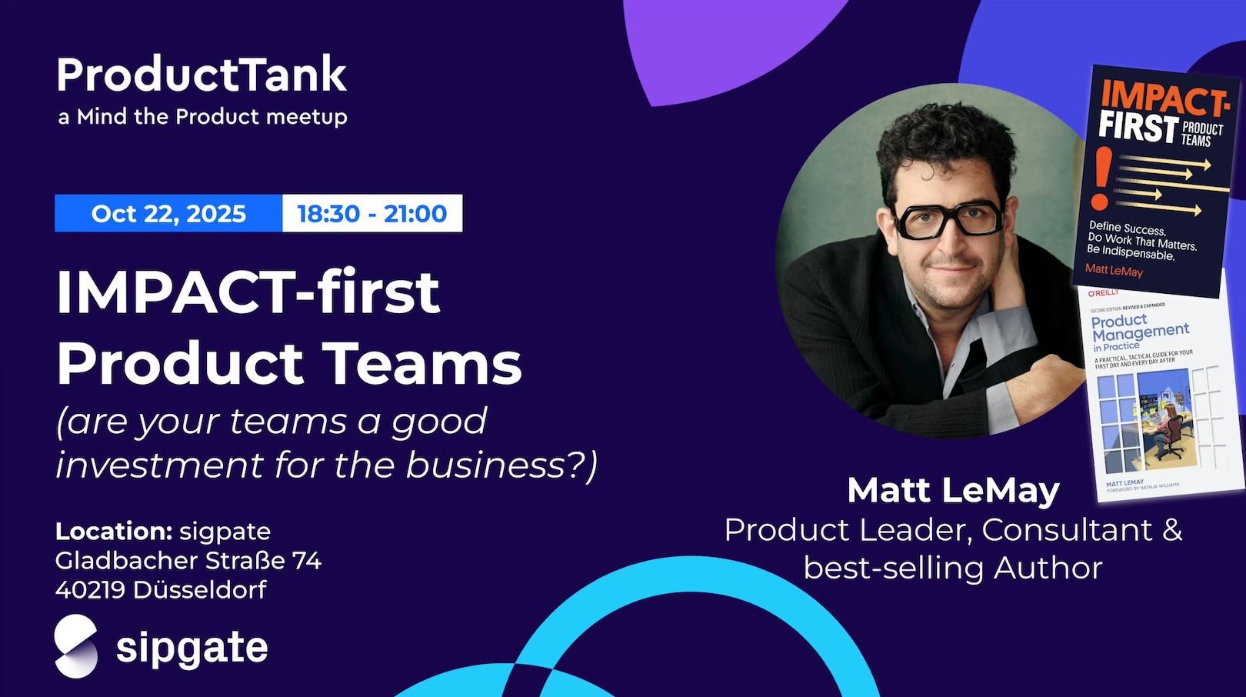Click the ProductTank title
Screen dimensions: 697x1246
202,75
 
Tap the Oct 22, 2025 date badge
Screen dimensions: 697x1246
168,213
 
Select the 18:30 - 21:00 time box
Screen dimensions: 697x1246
372,213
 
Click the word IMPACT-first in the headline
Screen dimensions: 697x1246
248,292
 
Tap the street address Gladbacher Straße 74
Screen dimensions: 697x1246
188,560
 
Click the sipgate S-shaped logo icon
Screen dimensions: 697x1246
76,647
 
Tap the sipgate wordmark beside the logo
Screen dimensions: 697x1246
192,648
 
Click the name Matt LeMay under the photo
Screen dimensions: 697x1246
953,490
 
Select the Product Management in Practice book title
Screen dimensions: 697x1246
1139,332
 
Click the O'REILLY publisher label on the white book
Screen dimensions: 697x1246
1102,293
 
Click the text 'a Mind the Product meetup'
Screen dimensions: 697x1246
202,117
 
